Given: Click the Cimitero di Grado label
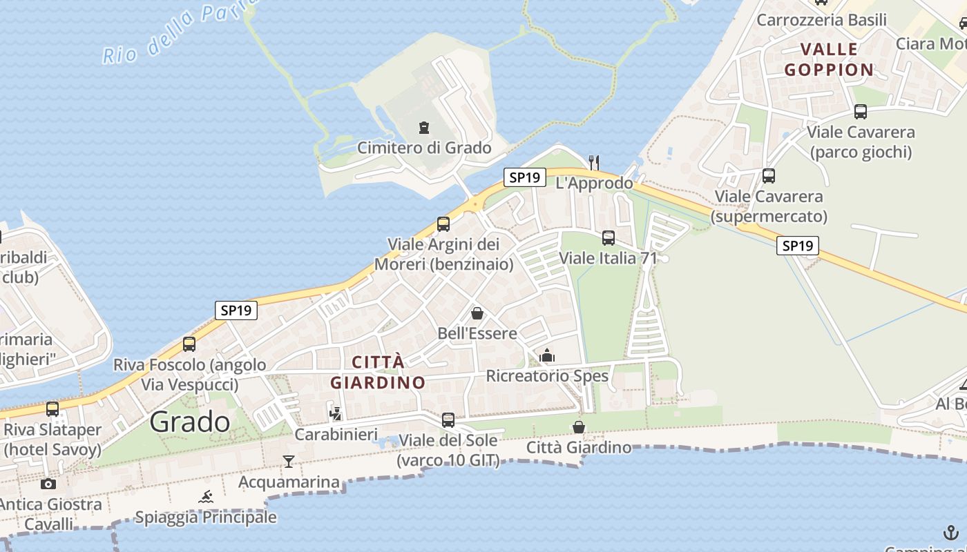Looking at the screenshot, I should [x=424, y=148].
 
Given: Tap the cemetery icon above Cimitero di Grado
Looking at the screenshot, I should [x=423, y=128].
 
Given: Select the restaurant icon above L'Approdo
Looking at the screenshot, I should [x=593, y=162].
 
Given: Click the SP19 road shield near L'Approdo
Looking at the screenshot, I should [x=524, y=177].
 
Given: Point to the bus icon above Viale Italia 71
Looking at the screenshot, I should [x=609, y=238].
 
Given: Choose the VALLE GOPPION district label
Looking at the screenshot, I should [x=830, y=59].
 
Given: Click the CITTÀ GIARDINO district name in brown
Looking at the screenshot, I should [x=378, y=372].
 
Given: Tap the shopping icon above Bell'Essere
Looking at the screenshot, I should [x=477, y=313].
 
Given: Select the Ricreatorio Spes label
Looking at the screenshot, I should [x=547, y=376].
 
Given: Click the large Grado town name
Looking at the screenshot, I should [x=190, y=422].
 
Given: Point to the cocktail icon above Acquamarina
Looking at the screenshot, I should [x=289, y=461].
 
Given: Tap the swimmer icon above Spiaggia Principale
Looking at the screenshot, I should [x=206, y=497].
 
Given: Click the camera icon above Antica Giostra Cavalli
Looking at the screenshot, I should [x=48, y=484].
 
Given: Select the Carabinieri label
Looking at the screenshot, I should [x=336, y=435].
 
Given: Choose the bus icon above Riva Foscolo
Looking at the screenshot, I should [x=189, y=344].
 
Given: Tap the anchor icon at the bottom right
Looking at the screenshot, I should [x=951, y=533].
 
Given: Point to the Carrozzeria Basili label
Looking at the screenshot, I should [x=821, y=20].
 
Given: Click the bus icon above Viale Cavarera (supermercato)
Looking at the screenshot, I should [x=769, y=176].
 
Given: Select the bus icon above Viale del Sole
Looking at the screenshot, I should [x=448, y=420].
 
